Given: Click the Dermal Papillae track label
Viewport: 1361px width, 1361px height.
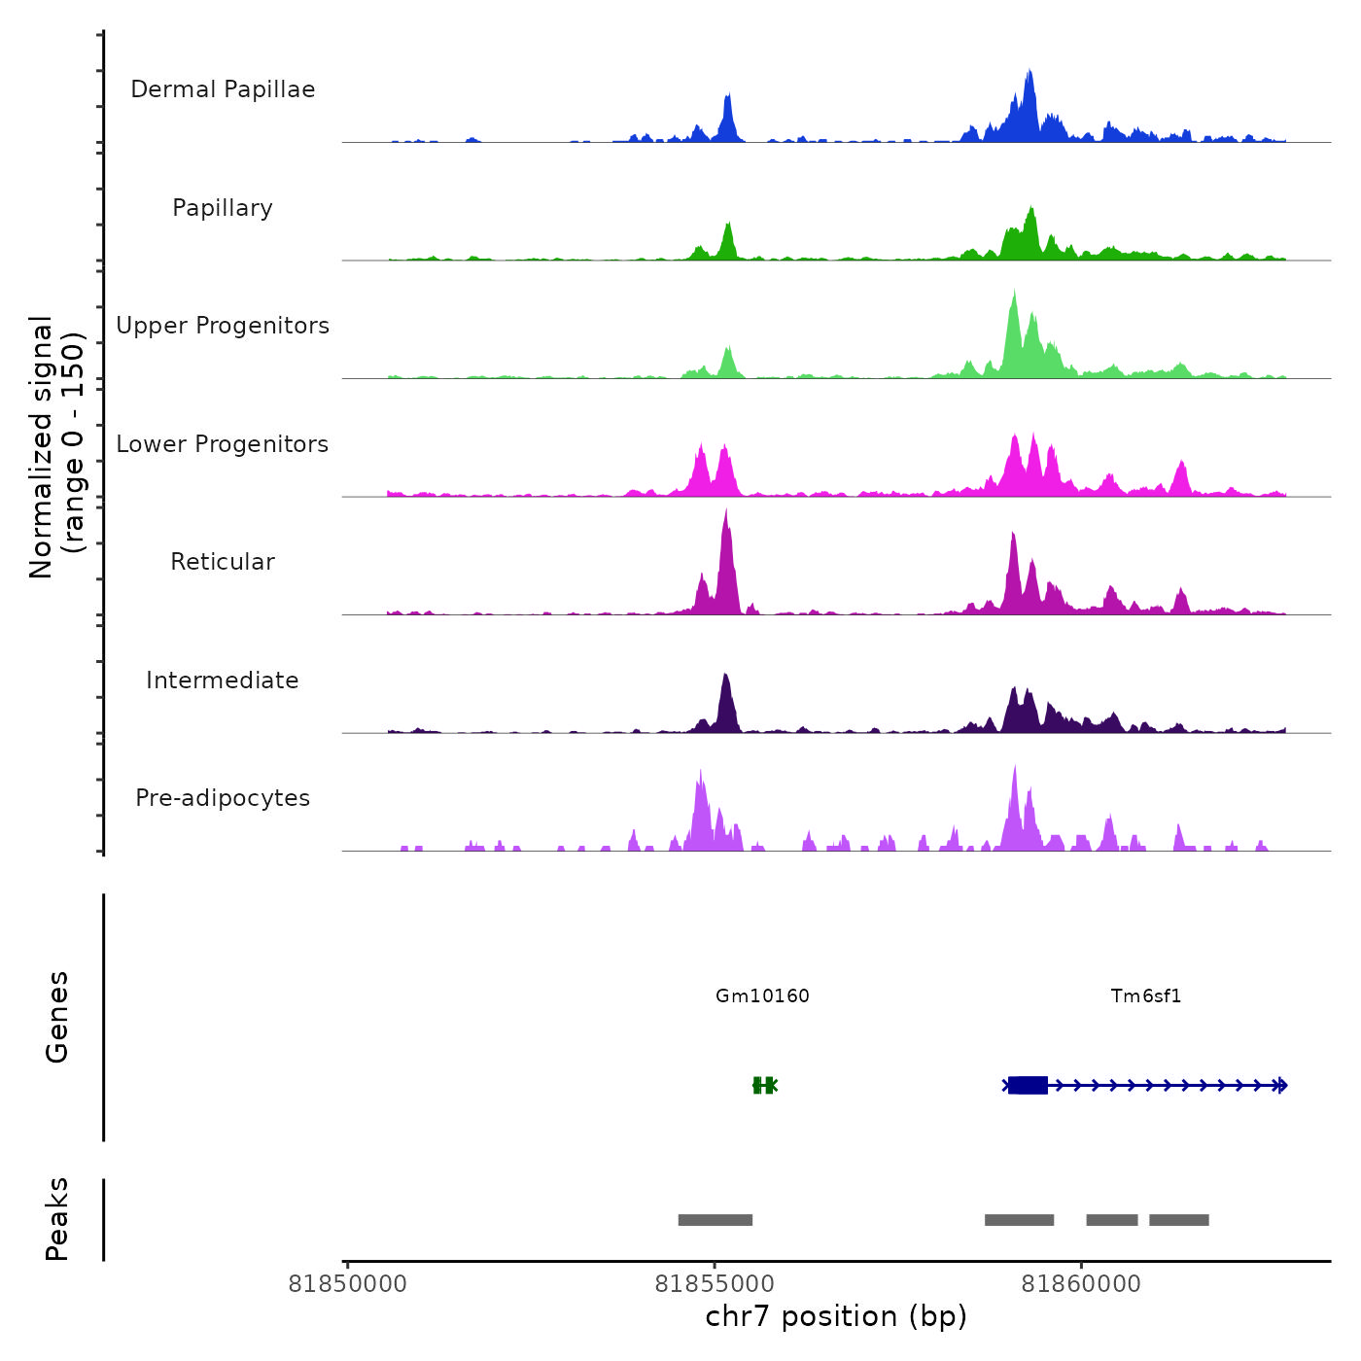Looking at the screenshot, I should click(223, 89).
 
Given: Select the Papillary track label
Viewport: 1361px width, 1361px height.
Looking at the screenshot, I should click(223, 208).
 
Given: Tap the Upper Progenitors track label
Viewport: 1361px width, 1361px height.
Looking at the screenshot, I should click(223, 326).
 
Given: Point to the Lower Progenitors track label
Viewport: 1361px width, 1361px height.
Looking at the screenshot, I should click(223, 444).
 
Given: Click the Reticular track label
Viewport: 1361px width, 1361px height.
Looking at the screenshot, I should click(223, 562).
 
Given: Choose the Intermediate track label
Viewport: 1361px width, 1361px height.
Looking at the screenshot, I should click(223, 680).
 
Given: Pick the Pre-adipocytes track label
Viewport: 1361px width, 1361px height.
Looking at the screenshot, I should click(223, 798).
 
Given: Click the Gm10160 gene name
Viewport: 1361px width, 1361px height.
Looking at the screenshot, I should click(762, 996).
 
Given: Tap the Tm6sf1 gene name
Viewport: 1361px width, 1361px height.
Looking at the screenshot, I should click(1146, 996).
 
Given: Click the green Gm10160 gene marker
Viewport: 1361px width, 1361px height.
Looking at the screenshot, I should click(764, 1085).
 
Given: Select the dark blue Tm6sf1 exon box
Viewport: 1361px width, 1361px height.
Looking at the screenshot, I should click(1028, 1085).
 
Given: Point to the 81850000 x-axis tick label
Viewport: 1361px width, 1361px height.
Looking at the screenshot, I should click(348, 1284).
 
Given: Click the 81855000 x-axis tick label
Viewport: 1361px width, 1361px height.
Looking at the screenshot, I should click(715, 1284).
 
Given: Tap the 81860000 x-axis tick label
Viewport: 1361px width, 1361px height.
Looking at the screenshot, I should click(1081, 1284).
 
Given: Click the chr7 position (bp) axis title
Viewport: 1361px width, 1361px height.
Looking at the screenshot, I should click(836, 1316).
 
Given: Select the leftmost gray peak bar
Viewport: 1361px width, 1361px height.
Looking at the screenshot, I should click(715, 1220).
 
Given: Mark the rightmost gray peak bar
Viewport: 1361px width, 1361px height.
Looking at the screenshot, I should click(1179, 1220).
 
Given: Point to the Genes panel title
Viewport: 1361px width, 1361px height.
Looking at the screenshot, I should click(57, 1017).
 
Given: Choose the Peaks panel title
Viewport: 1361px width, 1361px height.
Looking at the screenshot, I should click(57, 1219).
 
